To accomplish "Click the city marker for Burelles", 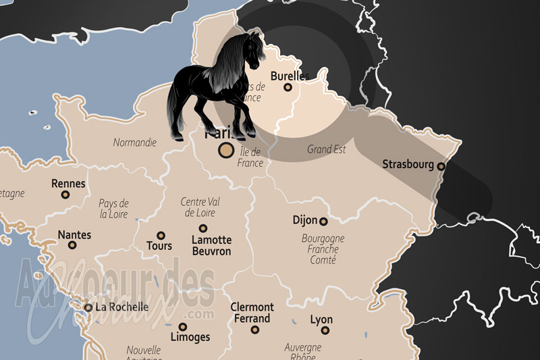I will tap(288, 87).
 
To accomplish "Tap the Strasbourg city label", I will tap(408, 164).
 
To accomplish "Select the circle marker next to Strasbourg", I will tap(441, 166).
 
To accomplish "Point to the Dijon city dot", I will tap(323, 221).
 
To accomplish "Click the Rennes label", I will tap(68, 183).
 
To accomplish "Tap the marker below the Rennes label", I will tap(65, 195).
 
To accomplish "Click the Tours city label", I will tap(159, 247).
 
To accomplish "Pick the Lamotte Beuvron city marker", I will tap(202, 228).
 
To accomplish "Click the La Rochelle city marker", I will tap(88, 307).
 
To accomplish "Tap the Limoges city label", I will tap(190, 337).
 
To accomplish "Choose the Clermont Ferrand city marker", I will tap(255, 330).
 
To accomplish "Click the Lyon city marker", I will tap(325, 330).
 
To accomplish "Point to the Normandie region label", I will tap(134, 143).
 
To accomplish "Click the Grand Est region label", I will tap(326, 149).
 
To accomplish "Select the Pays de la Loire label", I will tap(113, 209).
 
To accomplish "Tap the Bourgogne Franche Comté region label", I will tap(323, 249).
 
